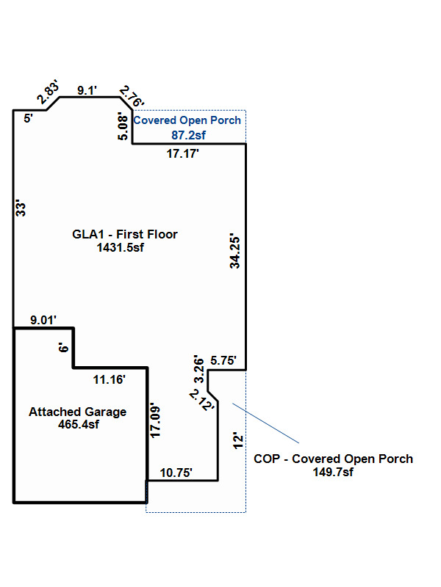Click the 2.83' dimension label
48,94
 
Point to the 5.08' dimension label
123,125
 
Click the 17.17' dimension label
183,153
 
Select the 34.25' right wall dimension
234,252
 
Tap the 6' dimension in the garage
64,349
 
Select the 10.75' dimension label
176,473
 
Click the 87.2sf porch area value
187,135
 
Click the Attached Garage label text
77,412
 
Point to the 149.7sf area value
333,472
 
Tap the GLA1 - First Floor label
124,235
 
